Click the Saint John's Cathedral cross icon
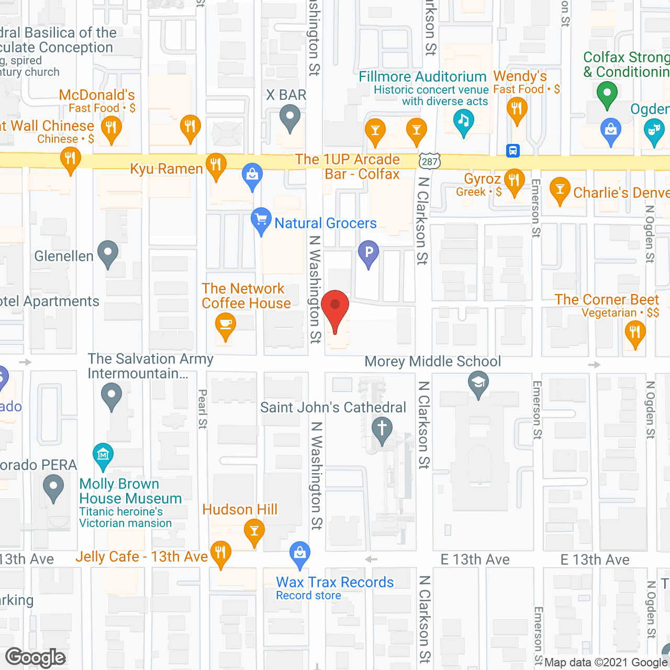382,429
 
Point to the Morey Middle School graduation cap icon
478,383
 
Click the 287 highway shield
430,161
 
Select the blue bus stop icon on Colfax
513,151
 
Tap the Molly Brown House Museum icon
103,454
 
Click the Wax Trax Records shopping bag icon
300,553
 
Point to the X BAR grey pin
289,116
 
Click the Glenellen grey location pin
108,252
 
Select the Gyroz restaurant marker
514,180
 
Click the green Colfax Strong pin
607,94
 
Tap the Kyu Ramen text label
166,169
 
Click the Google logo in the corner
36,657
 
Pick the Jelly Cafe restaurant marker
221,552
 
